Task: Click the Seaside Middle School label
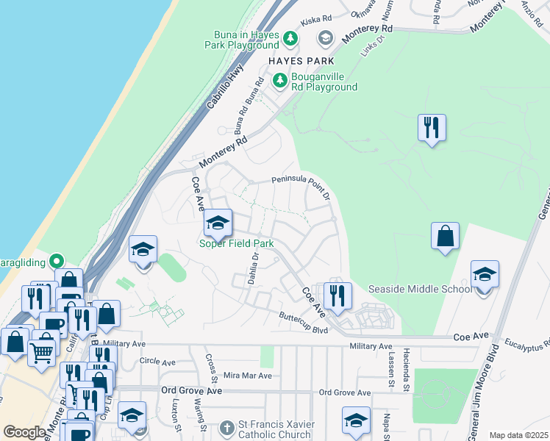[x=420, y=289]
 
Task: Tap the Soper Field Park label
[x=237, y=243]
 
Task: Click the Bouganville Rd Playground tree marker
[x=279, y=81]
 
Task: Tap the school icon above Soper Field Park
[x=218, y=223]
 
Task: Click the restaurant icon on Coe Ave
[x=337, y=295]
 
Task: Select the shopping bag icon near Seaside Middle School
[x=445, y=236]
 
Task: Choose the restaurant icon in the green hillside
[x=432, y=128]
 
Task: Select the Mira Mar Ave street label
[x=247, y=376]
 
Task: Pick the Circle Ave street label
[x=157, y=362]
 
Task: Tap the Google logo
[x=24, y=432]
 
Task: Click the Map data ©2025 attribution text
[x=518, y=435]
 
